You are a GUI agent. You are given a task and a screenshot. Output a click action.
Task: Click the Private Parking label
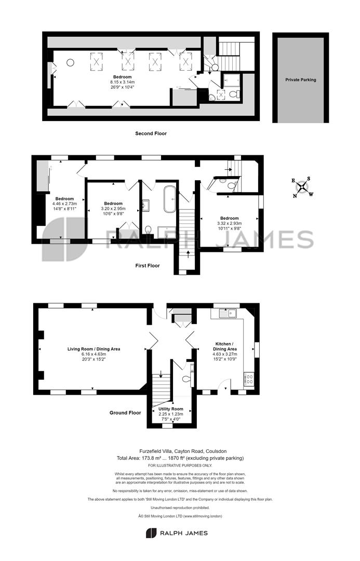pyautogui.click(x=301, y=80)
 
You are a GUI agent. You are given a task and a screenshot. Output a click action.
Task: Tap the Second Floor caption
pyautogui.click(x=151, y=133)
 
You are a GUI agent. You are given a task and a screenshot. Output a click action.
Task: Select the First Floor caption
pyautogui.click(x=148, y=265)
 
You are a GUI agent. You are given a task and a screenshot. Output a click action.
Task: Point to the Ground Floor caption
pyautogui.click(x=125, y=412)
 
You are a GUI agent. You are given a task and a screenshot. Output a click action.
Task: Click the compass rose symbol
pyautogui.click(x=302, y=187)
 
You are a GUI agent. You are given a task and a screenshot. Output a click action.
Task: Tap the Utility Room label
pyautogui.click(x=171, y=409)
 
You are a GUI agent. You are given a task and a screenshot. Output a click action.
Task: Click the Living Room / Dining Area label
pyautogui.click(x=94, y=349)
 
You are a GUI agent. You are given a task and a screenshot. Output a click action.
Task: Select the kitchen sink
pyautogui.click(x=228, y=313)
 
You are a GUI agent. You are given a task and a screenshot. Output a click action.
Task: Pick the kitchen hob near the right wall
pyautogui.click(x=249, y=379)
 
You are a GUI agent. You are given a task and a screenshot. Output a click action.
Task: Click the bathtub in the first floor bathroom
pyautogui.click(x=170, y=199)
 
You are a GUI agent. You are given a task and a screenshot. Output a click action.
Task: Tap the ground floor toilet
pyautogui.click(x=186, y=379)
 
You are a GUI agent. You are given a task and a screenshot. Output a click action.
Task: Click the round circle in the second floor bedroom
pyautogui.click(x=70, y=63)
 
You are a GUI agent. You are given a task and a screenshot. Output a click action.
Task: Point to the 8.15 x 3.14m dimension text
pyautogui.click(x=123, y=82)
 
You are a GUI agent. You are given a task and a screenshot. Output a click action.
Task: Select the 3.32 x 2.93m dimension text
pyautogui.click(x=230, y=223)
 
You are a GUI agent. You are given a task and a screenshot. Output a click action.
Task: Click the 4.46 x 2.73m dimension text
pyautogui.click(x=64, y=204)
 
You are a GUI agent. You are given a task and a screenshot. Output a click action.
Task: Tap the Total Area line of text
pyautogui.click(x=180, y=458)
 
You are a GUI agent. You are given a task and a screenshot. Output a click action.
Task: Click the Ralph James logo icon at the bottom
pyautogui.click(x=151, y=533)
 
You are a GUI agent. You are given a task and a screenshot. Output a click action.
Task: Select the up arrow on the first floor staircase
pyautogui.click(x=189, y=255)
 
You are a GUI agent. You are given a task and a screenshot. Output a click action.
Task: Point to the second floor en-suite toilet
pyautogui.click(x=234, y=95)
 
